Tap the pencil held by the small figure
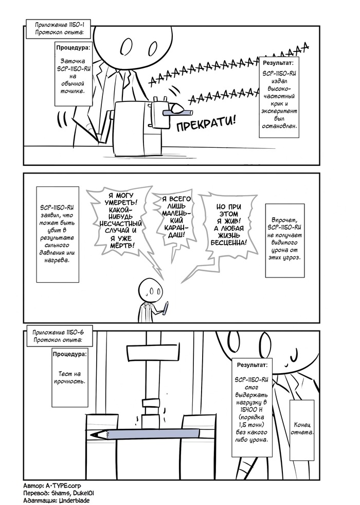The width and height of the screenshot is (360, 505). coord(167,307)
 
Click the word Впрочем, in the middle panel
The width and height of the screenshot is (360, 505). coord(284,218)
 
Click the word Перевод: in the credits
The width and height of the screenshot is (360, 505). coord(37,493)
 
